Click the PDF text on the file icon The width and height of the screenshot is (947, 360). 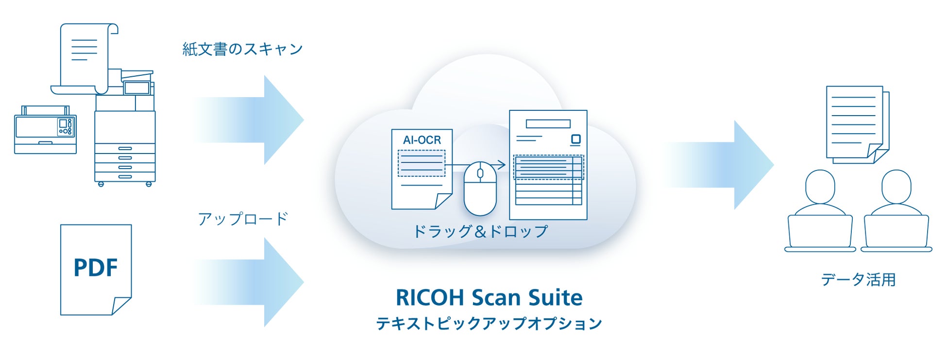96,268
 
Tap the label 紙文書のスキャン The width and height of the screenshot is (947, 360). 242,49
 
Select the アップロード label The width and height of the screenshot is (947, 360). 243,219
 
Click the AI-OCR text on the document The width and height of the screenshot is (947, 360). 422,140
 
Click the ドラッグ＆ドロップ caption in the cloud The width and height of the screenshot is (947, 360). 480,231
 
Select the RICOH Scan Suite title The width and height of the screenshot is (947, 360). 489,297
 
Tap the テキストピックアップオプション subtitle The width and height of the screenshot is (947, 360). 489,324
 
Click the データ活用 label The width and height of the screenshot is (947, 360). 858,280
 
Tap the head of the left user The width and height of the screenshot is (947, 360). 820,187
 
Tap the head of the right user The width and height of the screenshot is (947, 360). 896,187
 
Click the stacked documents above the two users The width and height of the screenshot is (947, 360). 857,124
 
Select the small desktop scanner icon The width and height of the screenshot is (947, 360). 45,130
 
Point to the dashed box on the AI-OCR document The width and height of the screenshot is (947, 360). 421,163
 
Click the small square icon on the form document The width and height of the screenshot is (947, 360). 575,140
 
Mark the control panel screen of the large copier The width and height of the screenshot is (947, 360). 136,88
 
